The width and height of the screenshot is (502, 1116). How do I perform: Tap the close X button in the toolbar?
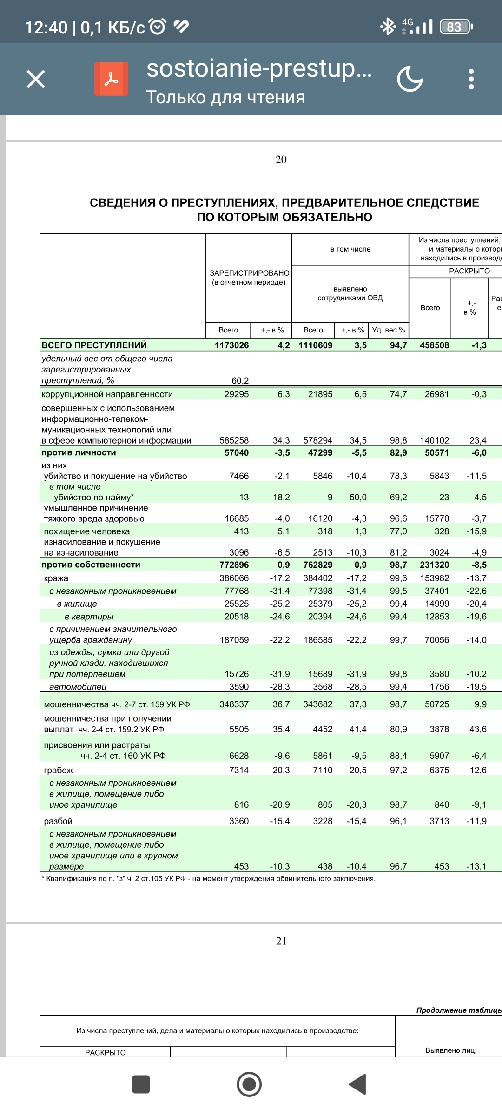pos(36,79)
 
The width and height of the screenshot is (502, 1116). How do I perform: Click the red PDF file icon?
pos(111,79)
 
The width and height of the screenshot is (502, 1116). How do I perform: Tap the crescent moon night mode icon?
pos(410,79)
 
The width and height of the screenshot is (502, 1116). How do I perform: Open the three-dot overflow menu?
pos(471,79)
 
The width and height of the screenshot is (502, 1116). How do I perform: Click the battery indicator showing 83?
pos(456,27)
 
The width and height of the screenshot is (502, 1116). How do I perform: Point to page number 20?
pos(281,159)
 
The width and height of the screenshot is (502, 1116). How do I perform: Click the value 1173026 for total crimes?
pos(231,345)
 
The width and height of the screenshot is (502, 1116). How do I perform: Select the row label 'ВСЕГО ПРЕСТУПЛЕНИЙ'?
pos(94,345)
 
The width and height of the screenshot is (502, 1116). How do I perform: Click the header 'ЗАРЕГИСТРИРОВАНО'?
pos(249,273)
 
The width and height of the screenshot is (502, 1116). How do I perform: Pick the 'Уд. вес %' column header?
pos(389,330)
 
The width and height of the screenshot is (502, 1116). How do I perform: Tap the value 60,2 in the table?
pos(240,381)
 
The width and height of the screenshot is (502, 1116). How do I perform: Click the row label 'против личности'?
pos(79,452)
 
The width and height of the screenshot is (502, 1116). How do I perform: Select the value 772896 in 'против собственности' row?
pos(234,565)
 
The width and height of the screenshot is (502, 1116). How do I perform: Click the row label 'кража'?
pos(56,578)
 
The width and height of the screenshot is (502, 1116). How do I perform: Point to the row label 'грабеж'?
pos(58,770)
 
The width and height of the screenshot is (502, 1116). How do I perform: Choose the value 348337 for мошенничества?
pos(234,704)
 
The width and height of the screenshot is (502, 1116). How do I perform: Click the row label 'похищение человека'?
pos(86,531)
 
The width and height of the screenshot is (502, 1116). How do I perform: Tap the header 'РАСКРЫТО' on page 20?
pos(469,271)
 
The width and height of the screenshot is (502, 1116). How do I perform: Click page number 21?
pos(281,941)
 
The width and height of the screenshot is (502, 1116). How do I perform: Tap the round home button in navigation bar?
pos(249,1084)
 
